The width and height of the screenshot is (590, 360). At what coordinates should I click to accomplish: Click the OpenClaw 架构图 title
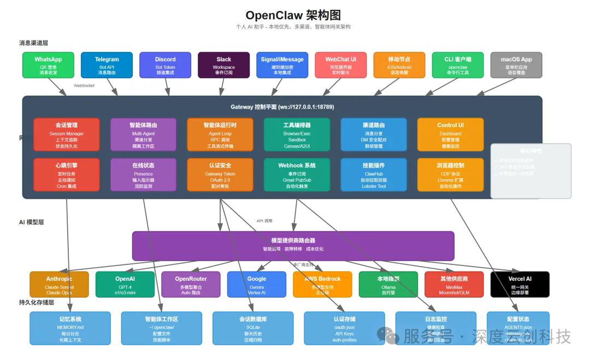pos(293,15)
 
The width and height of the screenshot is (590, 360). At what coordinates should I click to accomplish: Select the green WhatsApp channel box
pos(48,65)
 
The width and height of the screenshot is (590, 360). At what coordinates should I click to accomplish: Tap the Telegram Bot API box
pos(107,65)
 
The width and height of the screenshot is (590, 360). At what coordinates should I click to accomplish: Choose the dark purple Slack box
pos(223,65)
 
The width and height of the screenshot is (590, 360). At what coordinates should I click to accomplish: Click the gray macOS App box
pos(516,65)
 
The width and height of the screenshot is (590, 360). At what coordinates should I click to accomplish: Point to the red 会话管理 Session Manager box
pos(67,134)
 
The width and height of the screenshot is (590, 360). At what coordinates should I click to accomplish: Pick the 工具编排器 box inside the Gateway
pos(297,134)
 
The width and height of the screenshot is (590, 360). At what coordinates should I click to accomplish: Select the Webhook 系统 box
pos(297,175)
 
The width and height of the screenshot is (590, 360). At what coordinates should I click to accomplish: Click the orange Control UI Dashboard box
pos(450,134)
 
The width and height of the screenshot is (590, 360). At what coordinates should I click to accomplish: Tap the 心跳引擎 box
pos(67,175)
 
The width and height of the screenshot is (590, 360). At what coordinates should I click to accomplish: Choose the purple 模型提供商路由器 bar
pos(293,245)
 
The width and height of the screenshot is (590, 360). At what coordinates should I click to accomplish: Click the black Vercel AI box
pos(520,284)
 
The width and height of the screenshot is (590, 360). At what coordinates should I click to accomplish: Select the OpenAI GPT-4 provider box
pos(125,284)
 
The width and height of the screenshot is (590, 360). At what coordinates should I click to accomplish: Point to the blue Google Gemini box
pos(256,284)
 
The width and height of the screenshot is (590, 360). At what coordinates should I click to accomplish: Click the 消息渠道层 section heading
pos(37,43)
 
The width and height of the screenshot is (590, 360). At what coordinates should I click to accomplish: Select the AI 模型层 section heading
pos(31,222)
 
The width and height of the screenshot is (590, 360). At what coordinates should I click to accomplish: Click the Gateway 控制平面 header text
pos(282,107)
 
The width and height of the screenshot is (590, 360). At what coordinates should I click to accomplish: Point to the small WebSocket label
pos(84,86)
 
